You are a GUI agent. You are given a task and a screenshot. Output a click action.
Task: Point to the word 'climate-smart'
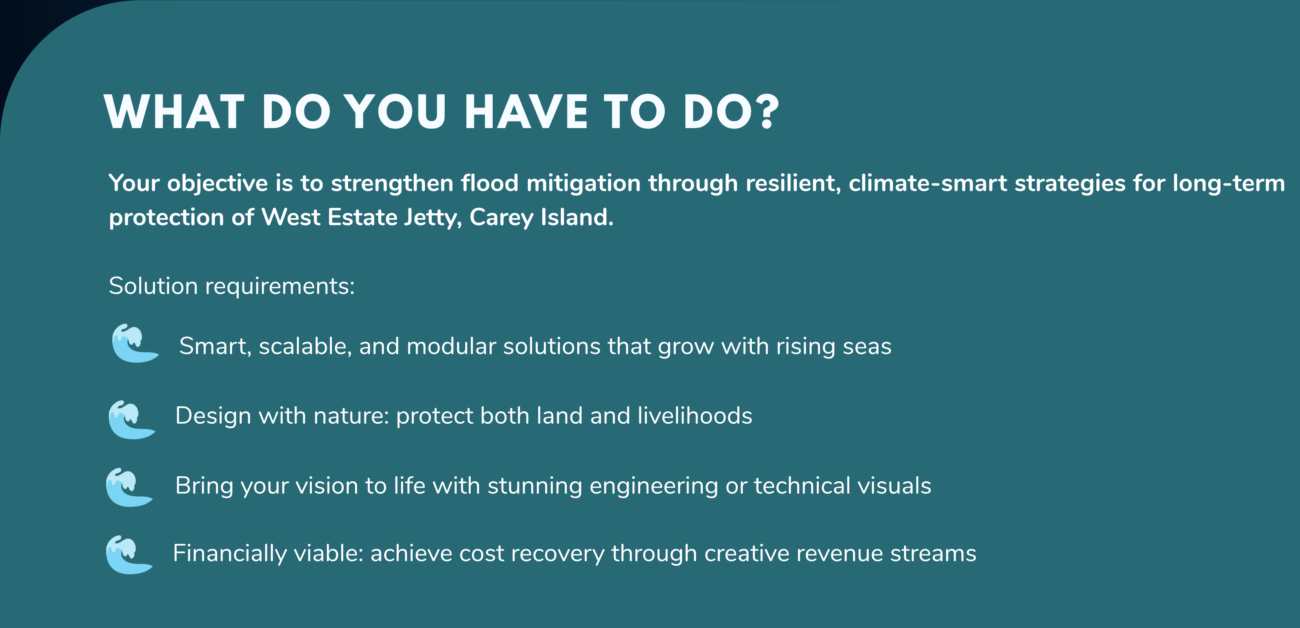[928, 183]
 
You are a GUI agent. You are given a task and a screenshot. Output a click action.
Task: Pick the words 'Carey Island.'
[541, 218]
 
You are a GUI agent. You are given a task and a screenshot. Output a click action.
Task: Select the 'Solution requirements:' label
[232, 286]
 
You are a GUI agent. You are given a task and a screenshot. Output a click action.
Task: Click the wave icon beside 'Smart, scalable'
[134, 343]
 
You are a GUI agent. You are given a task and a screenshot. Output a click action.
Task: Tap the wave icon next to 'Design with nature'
[131, 420]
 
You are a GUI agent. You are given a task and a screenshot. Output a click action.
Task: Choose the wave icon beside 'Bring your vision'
[129, 487]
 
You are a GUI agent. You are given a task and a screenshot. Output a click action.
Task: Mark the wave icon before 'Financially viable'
[129, 555]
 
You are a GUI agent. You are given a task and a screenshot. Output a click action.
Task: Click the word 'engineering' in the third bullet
[654, 486]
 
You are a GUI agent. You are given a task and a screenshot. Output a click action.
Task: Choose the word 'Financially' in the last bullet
[230, 554]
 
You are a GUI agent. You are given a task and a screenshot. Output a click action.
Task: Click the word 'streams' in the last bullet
[933, 554]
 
